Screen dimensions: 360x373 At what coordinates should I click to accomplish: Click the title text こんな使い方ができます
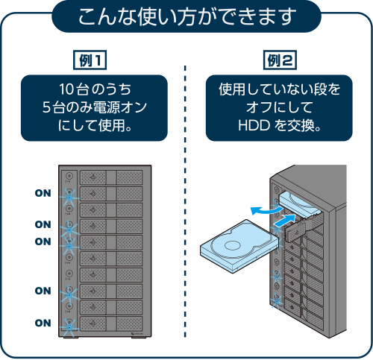186,16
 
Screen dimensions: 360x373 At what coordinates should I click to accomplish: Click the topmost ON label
43,192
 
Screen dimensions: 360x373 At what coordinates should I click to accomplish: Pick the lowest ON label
43,323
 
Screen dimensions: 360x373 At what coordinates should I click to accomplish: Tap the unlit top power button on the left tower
69,176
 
